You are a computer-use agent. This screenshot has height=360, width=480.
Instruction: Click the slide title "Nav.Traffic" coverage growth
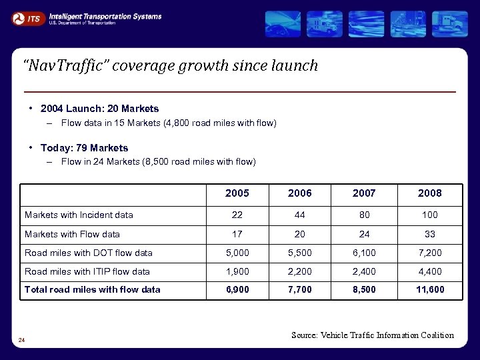point(170,65)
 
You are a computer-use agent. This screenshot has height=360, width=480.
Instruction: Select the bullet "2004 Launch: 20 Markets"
point(99,108)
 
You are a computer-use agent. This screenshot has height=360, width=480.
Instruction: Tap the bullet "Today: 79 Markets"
point(84,147)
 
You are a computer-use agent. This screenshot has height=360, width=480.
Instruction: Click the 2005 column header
point(237,193)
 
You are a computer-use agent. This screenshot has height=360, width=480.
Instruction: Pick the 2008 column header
point(429,193)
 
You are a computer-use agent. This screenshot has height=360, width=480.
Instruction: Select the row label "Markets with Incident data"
point(79,215)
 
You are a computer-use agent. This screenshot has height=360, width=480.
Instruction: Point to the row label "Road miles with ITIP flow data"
point(87,271)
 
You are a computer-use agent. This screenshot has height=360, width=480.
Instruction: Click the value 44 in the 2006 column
point(300,215)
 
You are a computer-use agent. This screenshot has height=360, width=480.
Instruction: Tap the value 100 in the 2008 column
point(429,215)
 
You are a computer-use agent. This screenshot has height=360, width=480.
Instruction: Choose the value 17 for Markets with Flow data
point(237,234)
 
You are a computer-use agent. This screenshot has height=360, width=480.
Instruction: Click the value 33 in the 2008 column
point(429,234)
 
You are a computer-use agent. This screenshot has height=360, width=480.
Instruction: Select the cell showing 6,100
point(364,253)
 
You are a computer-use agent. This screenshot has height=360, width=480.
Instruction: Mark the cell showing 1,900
point(237,271)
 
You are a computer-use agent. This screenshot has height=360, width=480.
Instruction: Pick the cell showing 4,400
point(429,271)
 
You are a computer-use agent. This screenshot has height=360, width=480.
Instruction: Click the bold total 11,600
point(429,289)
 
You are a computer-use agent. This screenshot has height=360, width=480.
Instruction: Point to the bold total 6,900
point(237,289)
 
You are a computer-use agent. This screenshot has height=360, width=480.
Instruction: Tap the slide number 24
point(22,341)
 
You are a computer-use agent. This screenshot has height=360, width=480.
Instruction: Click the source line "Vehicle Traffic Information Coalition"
point(372,335)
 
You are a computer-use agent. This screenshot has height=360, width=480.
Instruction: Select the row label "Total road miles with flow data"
point(93,289)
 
